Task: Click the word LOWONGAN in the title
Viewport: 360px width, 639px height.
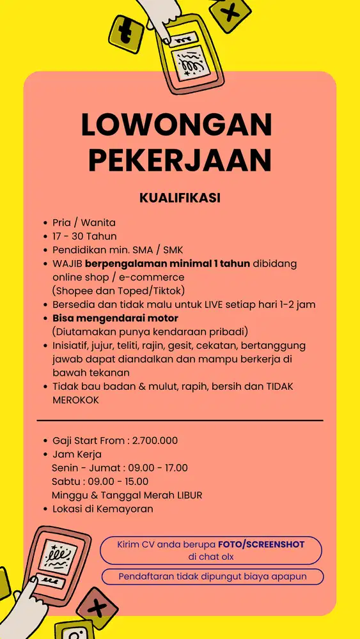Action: [176, 125]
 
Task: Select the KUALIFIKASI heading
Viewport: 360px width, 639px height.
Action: [180, 198]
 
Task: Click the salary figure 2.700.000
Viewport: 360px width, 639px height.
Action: [155, 440]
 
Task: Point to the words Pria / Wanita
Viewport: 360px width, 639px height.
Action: [84, 222]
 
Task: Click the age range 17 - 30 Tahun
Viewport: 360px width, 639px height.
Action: [84, 236]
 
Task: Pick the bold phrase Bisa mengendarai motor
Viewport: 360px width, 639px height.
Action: [115, 318]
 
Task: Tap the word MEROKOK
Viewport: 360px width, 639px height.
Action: [76, 399]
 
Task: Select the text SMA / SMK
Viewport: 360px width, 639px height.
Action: [157, 250]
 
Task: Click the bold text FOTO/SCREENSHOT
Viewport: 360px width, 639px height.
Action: [261, 544]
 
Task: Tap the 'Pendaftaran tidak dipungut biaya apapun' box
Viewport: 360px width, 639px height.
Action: [212, 576]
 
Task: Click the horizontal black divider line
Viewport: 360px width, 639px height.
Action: [180, 420]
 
